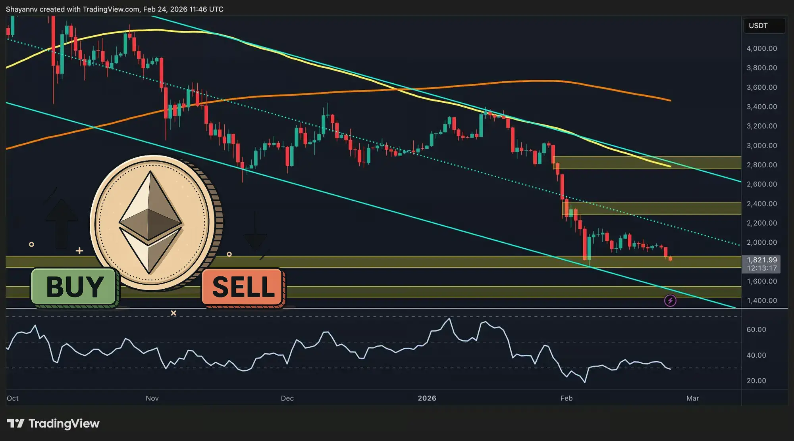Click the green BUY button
[x=74, y=287]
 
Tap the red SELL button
[x=243, y=287]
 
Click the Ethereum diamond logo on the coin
[x=150, y=222]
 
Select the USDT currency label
[x=758, y=26]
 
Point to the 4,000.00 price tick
[x=761, y=48]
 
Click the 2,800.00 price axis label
[x=761, y=165]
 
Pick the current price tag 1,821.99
[x=761, y=260]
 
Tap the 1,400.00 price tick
[x=761, y=301]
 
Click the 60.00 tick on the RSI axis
[x=756, y=330]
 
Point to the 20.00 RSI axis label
[x=756, y=381]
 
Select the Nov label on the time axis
[x=152, y=398]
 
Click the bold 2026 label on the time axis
[x=427, y=398]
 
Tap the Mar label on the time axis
[x=692, y=398]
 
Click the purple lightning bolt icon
[x=670, y=301]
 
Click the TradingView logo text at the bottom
[x=64, y=424]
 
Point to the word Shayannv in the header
[x=21, y=9]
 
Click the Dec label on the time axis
[x=287, y=398]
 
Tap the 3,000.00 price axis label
[x=761, y=146]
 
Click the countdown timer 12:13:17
[x=761, y=268]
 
